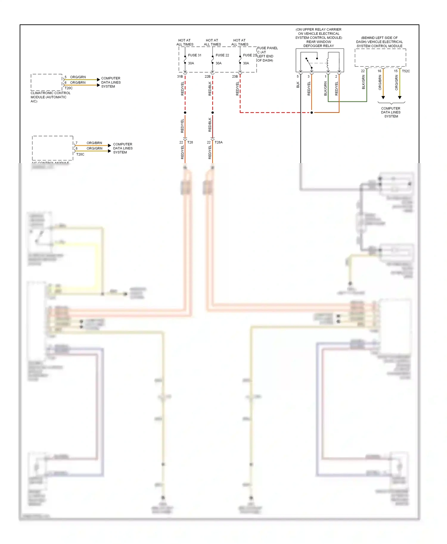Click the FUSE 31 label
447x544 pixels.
tap(195, 55)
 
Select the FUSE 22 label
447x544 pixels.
tap(222, 55)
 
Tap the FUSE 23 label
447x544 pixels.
tap(250, 55)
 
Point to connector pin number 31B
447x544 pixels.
tap(180, 76)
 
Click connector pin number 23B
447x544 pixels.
tap(235, 76)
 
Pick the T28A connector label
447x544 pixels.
tap(219, 142)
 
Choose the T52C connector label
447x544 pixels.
tap(406, 71)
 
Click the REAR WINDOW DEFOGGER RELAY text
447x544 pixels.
tap(319, 44)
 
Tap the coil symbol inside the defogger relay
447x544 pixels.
tap(328, 63)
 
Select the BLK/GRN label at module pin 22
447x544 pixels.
tap(364, 82)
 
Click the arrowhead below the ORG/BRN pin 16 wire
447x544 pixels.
tap(383, 98)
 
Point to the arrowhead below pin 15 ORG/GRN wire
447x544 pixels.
tap(400, 98)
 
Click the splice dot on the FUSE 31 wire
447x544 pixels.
tap(185, 112)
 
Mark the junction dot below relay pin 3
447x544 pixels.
tap(312, 112)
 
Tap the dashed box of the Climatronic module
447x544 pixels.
tap(46, 82)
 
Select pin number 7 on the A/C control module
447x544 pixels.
tap(77, 143)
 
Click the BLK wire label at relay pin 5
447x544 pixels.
tap(298, 85)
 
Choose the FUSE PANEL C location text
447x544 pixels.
tap(267, 54)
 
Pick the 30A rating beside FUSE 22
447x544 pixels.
tap(218, 63)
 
